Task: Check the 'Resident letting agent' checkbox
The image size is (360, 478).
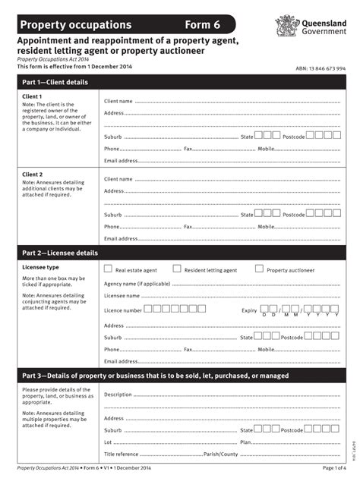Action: pos(177,269)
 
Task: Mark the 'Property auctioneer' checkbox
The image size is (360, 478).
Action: pos(259,269)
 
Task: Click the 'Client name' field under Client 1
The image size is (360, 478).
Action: pos(228,100)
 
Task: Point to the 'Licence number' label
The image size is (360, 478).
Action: pos(122,310)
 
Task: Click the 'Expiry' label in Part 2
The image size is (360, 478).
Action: pos(249,310)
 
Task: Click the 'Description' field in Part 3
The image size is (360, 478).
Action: pos(228,395)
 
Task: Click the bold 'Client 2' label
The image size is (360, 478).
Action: pos(33,175)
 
